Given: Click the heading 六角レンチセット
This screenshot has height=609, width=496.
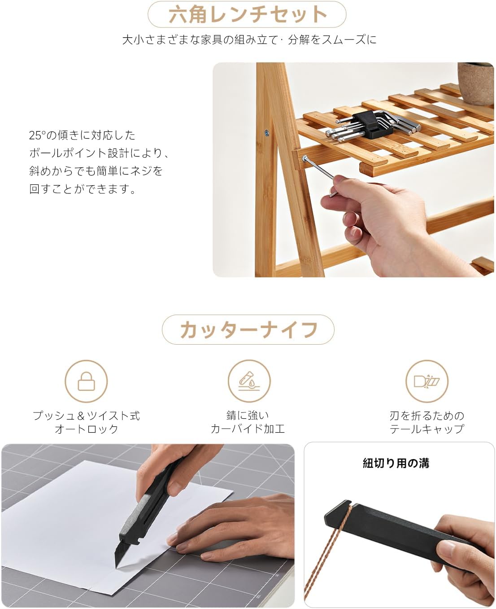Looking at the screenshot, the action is [248, 14].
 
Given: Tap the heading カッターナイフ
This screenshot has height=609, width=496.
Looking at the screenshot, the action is [248, 329].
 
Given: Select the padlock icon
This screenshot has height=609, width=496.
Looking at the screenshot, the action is [86, 381].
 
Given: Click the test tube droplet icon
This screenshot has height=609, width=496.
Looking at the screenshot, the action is [249, 381].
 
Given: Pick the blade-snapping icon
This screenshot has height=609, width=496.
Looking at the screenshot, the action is [426, 381].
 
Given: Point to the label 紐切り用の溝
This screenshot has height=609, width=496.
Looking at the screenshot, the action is [396, 463].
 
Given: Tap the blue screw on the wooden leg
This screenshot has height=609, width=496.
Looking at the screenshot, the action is [266, 132].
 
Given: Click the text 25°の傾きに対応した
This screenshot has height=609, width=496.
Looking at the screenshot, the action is [82, 135].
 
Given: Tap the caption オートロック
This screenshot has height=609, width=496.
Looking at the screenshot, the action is [86, 429].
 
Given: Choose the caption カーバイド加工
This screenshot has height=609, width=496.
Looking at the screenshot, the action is [248, 429].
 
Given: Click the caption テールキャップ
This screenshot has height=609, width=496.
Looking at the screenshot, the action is [427, 429].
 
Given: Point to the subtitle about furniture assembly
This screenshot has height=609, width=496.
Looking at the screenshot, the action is [249, 39].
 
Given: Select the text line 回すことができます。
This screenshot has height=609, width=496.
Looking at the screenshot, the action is [82, 188].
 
